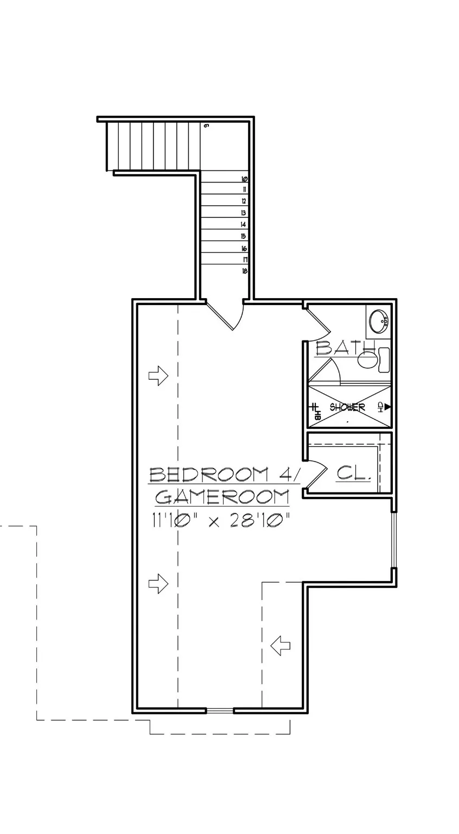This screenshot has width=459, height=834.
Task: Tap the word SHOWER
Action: coord(347,407)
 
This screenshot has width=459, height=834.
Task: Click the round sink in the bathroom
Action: coord(379,321)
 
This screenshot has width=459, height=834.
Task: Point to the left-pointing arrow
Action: coord(280,646)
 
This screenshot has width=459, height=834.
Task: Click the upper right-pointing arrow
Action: coord(158,375)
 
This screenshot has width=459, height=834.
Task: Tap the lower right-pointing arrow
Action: coord(158,583)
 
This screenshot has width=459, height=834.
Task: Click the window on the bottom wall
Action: coord(220,710)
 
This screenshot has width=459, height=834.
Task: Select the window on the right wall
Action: coord(394,540)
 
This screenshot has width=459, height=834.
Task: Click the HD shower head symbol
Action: coord(384,406)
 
